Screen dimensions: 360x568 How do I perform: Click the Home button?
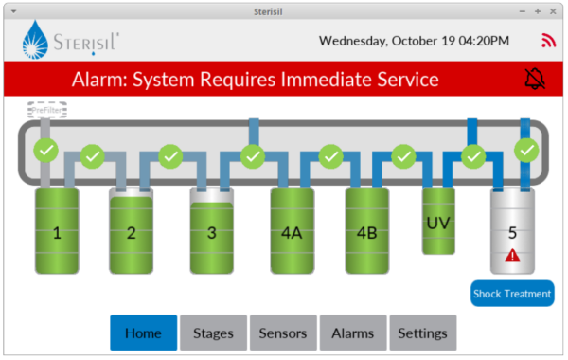tap(143, 333)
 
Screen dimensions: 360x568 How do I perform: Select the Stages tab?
tap(213, 333)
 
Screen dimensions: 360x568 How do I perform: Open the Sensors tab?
tap(283, 333)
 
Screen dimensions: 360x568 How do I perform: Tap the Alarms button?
tap(352, 333)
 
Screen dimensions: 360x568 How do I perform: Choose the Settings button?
tap(422, 333)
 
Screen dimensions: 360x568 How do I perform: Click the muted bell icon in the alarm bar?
tap(535, 80)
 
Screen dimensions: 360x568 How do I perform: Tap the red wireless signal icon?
tap(548, 41)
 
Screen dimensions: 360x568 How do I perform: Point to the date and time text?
tap(414, 41)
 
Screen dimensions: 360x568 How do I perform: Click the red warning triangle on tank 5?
tap(512, 255)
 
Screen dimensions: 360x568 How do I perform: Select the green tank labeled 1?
tap(57, 231)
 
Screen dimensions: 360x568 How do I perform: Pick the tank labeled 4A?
tap(291, 231)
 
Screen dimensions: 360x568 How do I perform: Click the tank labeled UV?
tap(437, 221)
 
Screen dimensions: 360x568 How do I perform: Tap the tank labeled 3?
tap(212, 231)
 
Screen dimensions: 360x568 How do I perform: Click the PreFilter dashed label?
tap(47, 111)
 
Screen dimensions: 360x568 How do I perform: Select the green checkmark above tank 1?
tap(45, 149)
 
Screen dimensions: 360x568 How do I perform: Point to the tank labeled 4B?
tap(366, 231)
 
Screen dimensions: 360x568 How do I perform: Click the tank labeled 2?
tap(132, 231)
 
